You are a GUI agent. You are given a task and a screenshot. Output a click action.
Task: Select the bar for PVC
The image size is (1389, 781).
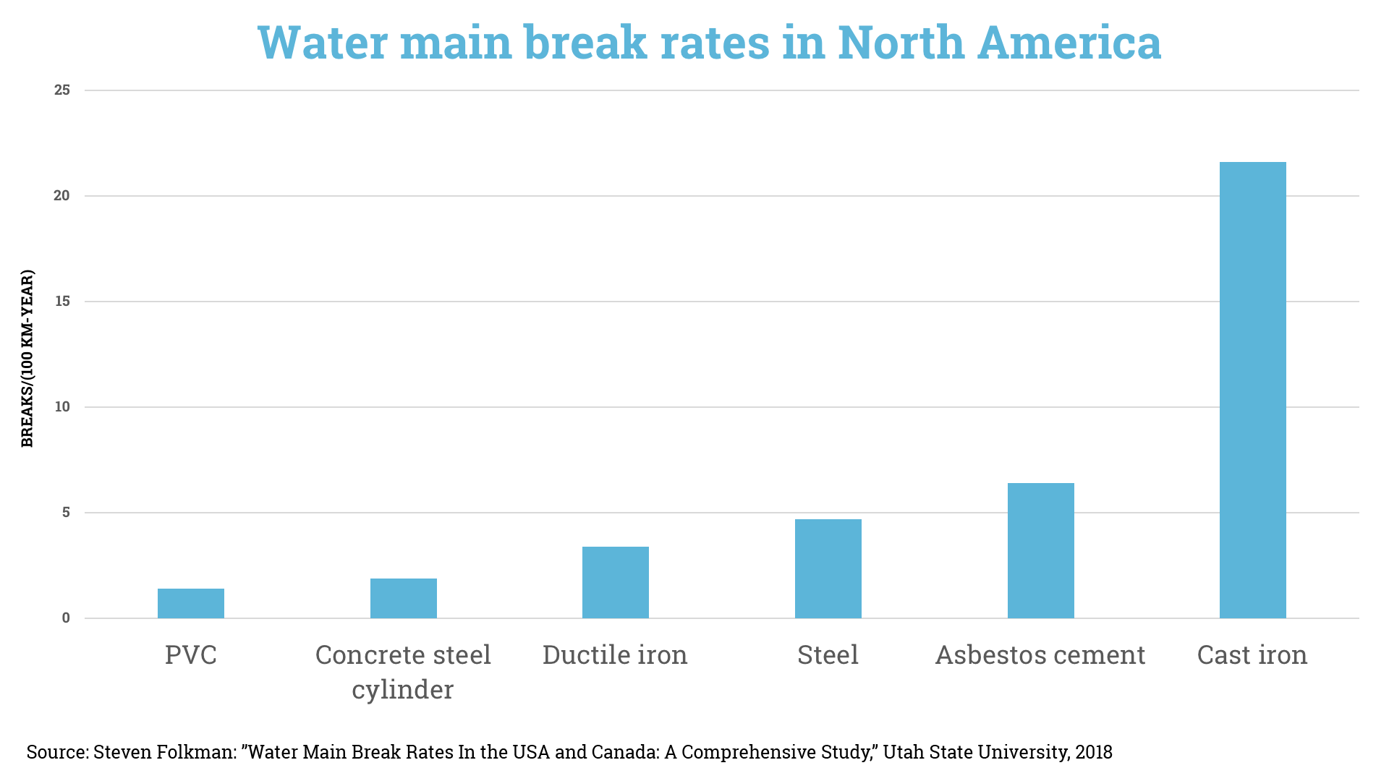(x=191, y=603)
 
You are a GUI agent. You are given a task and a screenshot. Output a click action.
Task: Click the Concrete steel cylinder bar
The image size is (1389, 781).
(x=404, y=598)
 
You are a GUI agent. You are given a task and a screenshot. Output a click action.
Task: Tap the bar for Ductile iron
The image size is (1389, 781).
(x=616, y=582)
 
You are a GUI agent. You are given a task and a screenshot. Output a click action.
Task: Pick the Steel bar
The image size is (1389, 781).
(x=828, y=568)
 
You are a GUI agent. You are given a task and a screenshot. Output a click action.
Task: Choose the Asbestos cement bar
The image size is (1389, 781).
(x=1040, y=550)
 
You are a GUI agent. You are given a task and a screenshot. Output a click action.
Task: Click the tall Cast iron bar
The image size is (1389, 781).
(x=1253, y=390)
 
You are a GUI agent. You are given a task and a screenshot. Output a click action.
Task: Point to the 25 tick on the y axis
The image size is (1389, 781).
(x=62, y=90)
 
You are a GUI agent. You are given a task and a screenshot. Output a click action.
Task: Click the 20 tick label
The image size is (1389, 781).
(x=62, y=196)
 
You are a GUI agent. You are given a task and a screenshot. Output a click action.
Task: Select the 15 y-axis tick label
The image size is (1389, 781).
(x=62, y=302)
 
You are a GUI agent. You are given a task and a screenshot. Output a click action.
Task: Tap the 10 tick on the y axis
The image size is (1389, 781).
(x=62, y=407)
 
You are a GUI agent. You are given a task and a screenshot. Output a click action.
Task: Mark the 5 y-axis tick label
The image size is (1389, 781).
(x=66, y=513)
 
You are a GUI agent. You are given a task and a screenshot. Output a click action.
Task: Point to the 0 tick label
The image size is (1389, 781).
(x=66, y=618)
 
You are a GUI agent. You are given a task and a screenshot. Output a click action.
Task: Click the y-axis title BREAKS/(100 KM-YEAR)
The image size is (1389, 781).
(x=27, y=359)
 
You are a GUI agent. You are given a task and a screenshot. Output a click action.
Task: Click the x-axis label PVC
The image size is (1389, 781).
(x=191, y=655)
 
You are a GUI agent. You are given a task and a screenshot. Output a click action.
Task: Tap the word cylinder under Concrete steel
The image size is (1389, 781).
(x=403, y=690)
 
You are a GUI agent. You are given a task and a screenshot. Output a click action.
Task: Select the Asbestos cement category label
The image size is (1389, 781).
(x=1040, y=655)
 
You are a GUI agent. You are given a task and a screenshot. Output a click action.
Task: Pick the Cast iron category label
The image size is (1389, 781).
(x=1252, y=655)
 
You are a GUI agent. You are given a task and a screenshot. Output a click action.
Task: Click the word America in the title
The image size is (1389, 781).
(x=1069, y=43)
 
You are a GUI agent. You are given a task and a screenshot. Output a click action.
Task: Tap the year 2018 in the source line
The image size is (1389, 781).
(x=1094, y=752)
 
